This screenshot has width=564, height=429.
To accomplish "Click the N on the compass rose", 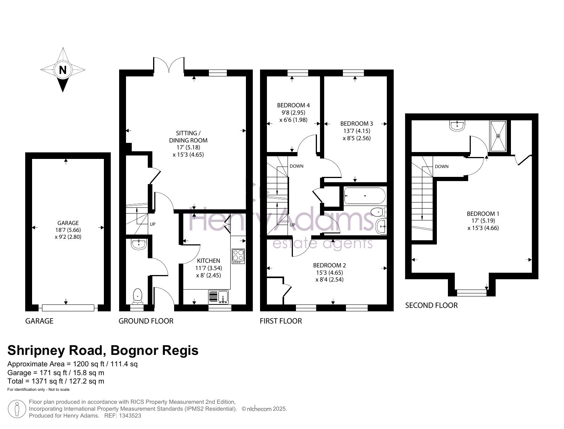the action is (x=63, y=70).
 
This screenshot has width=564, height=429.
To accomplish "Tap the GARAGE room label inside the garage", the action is (x=68, y=223).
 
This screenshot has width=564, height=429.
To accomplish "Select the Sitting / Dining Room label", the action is (x=188, y=137).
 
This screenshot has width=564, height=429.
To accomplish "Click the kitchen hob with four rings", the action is (x=238, y=256).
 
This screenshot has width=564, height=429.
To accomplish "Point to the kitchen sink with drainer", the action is (x=218, y=297).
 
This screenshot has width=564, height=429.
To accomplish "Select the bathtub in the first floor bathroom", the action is (x=365, y=196).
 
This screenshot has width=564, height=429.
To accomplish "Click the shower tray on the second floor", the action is (x=498, y=136).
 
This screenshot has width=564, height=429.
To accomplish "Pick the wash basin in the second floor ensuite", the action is (x=457, y=126).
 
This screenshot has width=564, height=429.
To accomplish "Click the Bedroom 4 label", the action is (x=293, y=105).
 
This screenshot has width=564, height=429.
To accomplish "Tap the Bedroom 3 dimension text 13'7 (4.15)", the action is (x=357, y=131).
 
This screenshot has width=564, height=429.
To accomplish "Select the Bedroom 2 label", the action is (x=330, y=265).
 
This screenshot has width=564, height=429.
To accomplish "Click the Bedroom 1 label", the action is (x=483, y=214).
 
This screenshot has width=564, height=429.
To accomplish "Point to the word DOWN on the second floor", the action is (x=442, y=167).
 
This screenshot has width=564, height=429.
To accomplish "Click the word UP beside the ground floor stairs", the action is (x=153, y=224).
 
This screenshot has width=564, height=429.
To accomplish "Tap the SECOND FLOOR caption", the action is (x=431, y=305).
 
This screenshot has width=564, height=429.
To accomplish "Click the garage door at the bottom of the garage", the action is (x=68, y=308).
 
